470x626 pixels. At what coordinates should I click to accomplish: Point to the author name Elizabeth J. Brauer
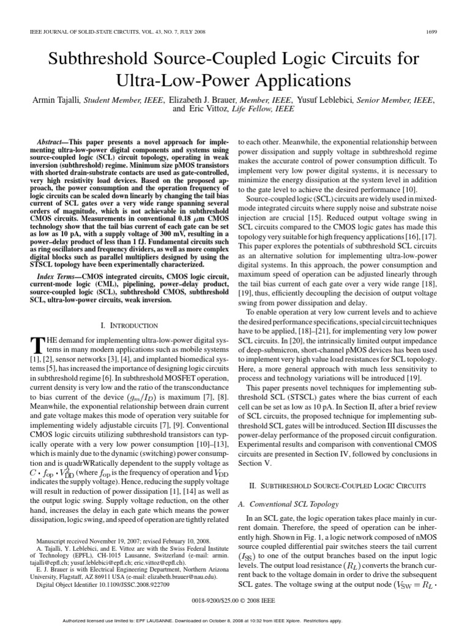pyautogui.click(x=197, y=98)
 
